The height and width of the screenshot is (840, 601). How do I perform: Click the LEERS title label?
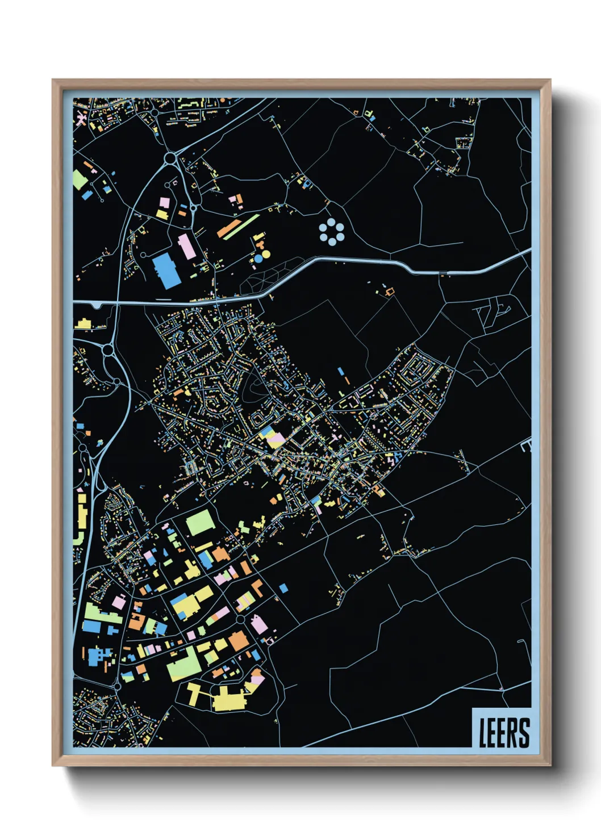tap(503, 732)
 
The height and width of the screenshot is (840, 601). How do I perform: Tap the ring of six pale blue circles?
tap(331, 233)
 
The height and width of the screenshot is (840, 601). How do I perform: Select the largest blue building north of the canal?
tap(166, 270)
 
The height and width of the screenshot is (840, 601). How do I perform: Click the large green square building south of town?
tap(200, 523)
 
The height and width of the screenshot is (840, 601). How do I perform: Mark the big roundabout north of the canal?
tap(171, 157)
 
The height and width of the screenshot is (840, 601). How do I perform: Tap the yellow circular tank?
tap(266, 255)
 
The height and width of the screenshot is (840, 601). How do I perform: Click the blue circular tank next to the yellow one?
tap(258, 259)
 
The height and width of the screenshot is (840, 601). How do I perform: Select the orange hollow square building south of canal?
tap(390, 292)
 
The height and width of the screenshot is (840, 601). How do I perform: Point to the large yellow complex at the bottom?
tap(229, 698)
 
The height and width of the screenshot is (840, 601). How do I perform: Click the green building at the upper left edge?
tap(80, 179)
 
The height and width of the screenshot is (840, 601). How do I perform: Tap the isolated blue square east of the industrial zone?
tap(283, 589)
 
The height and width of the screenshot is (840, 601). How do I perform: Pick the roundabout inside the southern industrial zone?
tap(241, 619)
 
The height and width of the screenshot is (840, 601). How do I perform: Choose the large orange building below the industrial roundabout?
tap(239, 640)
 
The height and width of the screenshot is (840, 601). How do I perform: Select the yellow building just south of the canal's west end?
tap(83, 324)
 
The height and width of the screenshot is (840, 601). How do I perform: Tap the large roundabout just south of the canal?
tap(108, 351)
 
